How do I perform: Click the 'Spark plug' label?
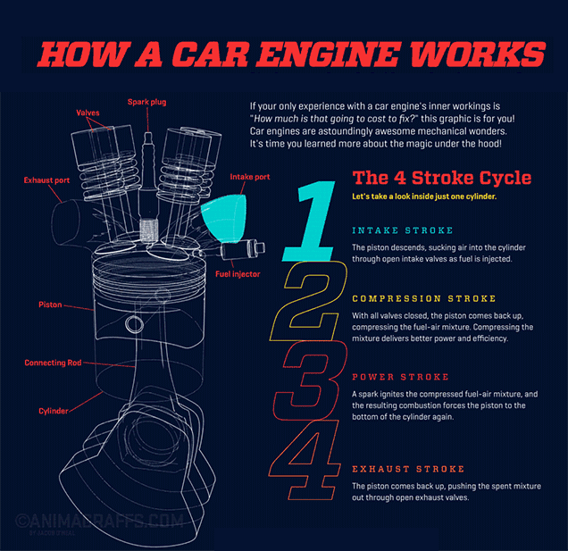pos(146,102)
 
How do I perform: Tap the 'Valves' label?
pos(88,113)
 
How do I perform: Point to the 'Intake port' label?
pos(250,177)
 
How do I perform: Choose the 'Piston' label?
pos(50,305)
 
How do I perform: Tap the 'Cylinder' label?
pos(54,411)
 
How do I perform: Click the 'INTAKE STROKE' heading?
pos(402,230)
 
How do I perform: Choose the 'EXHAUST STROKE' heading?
pos(407,469)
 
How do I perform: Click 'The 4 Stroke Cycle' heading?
pos(441,177)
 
